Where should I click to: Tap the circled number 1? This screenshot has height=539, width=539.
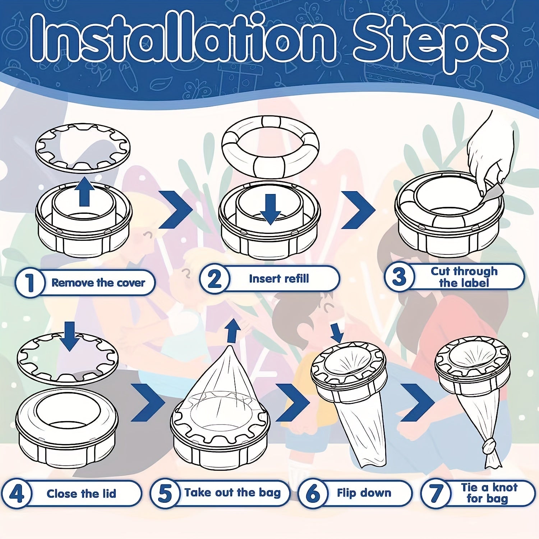click(x=30, y=283)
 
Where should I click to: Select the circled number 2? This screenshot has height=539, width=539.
click(x=215, y=278)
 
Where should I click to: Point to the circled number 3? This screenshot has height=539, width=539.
click(x=399, y=277)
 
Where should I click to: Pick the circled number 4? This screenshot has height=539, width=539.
click(x=16, y=494)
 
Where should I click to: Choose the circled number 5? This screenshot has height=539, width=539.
click(x=165, y=493)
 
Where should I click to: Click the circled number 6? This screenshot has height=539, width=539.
click(x=313, y=493)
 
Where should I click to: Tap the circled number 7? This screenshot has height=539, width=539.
click(x=436, y=493)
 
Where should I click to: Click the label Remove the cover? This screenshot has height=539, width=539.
click(x=98, y=283)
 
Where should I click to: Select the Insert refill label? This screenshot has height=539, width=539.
click(x=279, y=278)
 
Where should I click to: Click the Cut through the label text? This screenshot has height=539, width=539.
click(x=464, y=277)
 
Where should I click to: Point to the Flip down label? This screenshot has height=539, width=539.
click(x=364, y=493)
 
